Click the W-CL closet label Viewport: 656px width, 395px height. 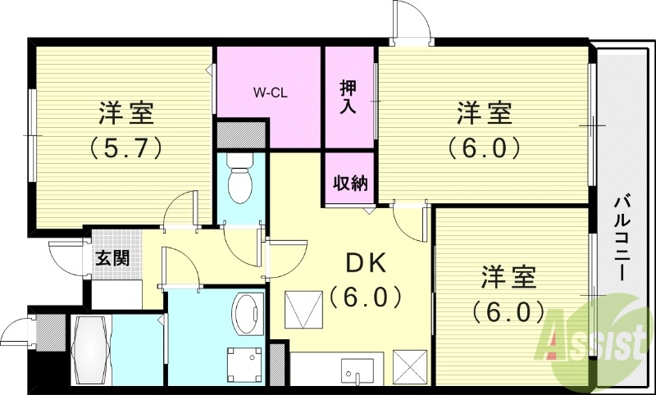[268, 93]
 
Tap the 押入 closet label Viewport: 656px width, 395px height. [348, 96]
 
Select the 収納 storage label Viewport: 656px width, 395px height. [349, 183]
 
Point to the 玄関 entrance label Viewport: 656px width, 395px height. [112, 258]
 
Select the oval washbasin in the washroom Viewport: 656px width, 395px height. [246, 314]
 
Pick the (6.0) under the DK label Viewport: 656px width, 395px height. [366, 296]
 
